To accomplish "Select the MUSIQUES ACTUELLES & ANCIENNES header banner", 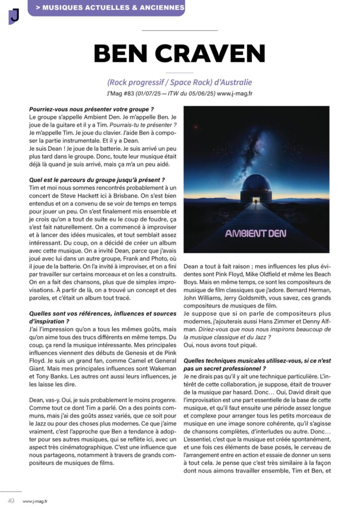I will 106,8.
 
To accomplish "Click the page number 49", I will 10,500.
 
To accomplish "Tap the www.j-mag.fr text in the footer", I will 35,501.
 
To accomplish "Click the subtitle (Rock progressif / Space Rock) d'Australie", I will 180,82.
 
